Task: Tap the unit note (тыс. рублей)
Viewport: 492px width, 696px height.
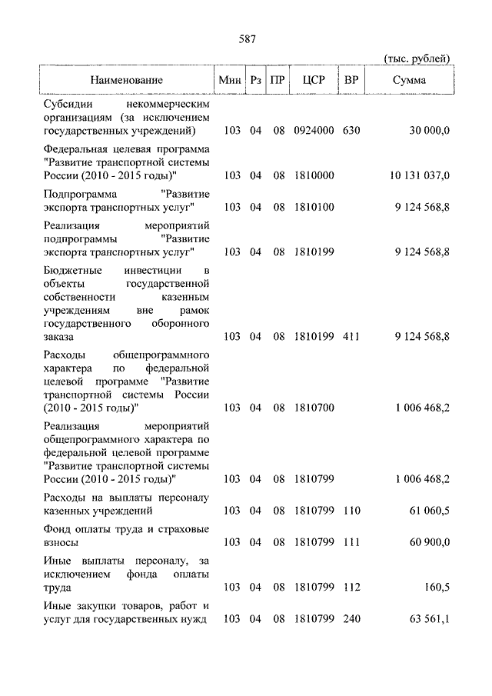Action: point(416,59)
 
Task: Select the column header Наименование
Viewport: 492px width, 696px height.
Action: point(126,80)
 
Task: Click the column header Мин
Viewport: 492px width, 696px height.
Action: point(229,80)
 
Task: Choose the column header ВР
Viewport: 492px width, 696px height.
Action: point(351,80)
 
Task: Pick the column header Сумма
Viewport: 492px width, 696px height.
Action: point(410,80)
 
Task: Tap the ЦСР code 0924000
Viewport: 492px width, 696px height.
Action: point(314,131)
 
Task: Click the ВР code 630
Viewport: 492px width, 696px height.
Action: point(351,131)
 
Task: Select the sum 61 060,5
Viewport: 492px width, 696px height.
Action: point(429,511)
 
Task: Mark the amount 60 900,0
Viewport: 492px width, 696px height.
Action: point(429,543)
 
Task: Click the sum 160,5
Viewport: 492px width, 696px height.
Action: point(436,588)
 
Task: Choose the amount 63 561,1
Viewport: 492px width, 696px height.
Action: point(429,619)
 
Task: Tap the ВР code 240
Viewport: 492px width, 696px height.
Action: point(351,619)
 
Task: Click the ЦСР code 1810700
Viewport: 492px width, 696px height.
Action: point(314,407)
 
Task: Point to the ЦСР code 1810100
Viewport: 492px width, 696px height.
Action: point(314,208)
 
